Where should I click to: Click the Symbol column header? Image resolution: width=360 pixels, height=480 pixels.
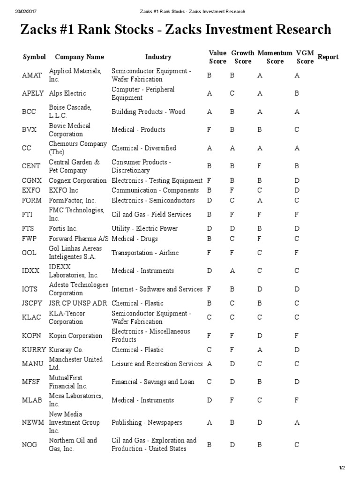click(x=35, y=57)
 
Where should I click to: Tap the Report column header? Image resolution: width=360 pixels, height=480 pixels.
click(x=328, y=57)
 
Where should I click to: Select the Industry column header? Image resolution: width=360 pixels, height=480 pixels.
click(x=158, y=57)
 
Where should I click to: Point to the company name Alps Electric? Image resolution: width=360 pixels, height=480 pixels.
click(x=67, y=94)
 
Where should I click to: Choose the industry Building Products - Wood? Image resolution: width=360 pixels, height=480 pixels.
click(x=148, y=112)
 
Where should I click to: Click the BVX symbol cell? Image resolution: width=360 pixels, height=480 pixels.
click(x=29, y=130)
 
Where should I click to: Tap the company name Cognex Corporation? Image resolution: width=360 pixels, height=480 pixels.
click(x=78, y=180)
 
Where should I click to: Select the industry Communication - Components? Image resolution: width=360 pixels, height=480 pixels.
click(x=155, y=190)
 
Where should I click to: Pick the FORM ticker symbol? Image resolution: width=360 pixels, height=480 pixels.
click(x=32, y=200)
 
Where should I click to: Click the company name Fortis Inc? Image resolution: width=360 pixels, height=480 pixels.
click(x=63, y=229)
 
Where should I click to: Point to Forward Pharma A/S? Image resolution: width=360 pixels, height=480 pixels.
click(x=79, y=239)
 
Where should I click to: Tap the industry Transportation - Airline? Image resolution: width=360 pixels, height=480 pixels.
click(x=145, y=253)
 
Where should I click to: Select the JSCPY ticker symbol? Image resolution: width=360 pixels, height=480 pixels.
click(x=33, y=303)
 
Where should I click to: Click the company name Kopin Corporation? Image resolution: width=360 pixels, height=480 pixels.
click(x=75, y=336)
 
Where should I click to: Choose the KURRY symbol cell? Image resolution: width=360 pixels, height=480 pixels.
click(x=34, y=350)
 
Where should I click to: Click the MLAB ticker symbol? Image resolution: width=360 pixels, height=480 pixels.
click(x=32, y=400)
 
